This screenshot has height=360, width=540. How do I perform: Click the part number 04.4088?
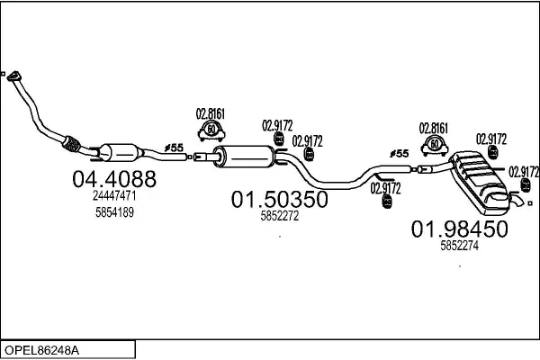(x=112, y=179)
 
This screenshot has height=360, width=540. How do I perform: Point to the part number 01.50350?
(x=280, y=199)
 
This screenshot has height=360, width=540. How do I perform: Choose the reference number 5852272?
(x=279, y=215)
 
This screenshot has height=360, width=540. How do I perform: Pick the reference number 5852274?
(x=459, y=244)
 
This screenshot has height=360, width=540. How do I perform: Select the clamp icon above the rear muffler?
(x=436, y=145)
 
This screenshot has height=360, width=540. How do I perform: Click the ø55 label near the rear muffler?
(x=399, y=154)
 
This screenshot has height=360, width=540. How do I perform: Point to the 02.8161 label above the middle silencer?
(x=211, y=113)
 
